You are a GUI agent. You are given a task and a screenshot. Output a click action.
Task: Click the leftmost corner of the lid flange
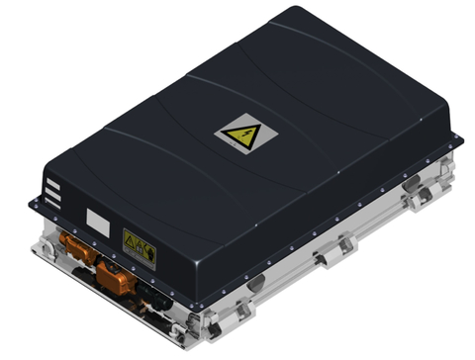click(x=32, y=202)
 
